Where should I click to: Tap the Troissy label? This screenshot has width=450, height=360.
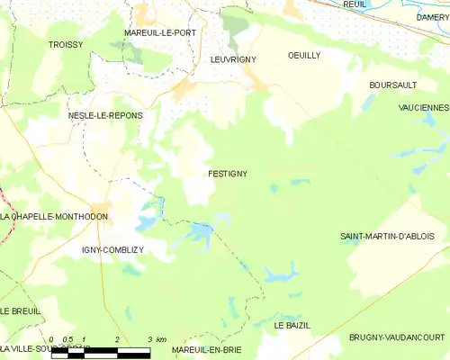pos(67,43)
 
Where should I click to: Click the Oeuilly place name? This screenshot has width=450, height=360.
pos(303,55)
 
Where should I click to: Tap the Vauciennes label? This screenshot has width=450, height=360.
pos(423,107)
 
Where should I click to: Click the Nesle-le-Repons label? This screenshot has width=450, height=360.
pos(105,116)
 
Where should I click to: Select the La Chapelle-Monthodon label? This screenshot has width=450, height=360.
pos(54,217)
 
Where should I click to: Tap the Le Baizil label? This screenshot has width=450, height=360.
pos(292,325)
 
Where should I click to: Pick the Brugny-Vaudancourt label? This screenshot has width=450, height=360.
pos(396,337)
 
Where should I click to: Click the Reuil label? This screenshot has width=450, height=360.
pos(355,4)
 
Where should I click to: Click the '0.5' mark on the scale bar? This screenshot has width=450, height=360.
pos(67,339)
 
